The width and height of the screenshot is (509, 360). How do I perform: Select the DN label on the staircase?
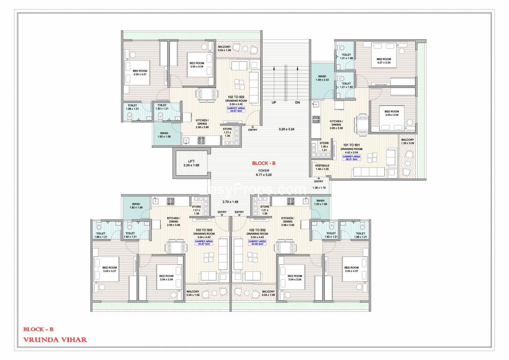point(297,102)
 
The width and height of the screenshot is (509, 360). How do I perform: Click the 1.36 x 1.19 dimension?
point(319,188)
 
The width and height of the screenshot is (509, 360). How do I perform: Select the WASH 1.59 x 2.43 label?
point(322,78)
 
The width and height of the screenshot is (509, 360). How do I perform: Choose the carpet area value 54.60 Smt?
point(256,244)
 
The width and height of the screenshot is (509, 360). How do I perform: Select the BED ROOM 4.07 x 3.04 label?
point(383,61)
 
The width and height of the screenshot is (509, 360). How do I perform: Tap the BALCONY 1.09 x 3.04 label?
point(407,142)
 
